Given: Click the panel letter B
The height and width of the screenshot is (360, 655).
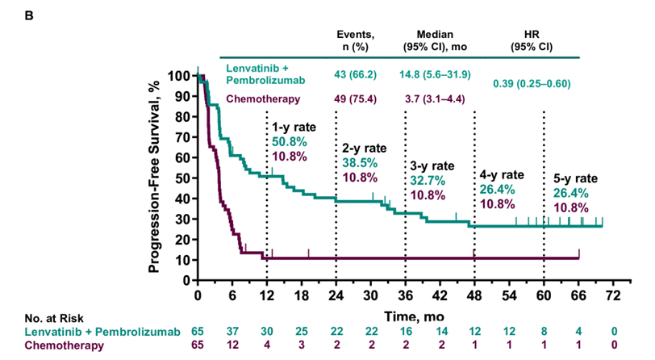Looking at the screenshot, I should (9, 11).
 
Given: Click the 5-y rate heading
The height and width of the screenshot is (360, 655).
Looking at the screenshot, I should (575, 178).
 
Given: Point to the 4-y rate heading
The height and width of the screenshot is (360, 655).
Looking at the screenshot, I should (503, 175).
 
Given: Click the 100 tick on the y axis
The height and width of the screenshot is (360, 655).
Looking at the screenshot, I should (181, 77).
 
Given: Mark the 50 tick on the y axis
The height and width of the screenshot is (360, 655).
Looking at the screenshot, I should (184, 178).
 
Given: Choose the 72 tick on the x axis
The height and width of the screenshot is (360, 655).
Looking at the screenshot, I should (613, 294).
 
